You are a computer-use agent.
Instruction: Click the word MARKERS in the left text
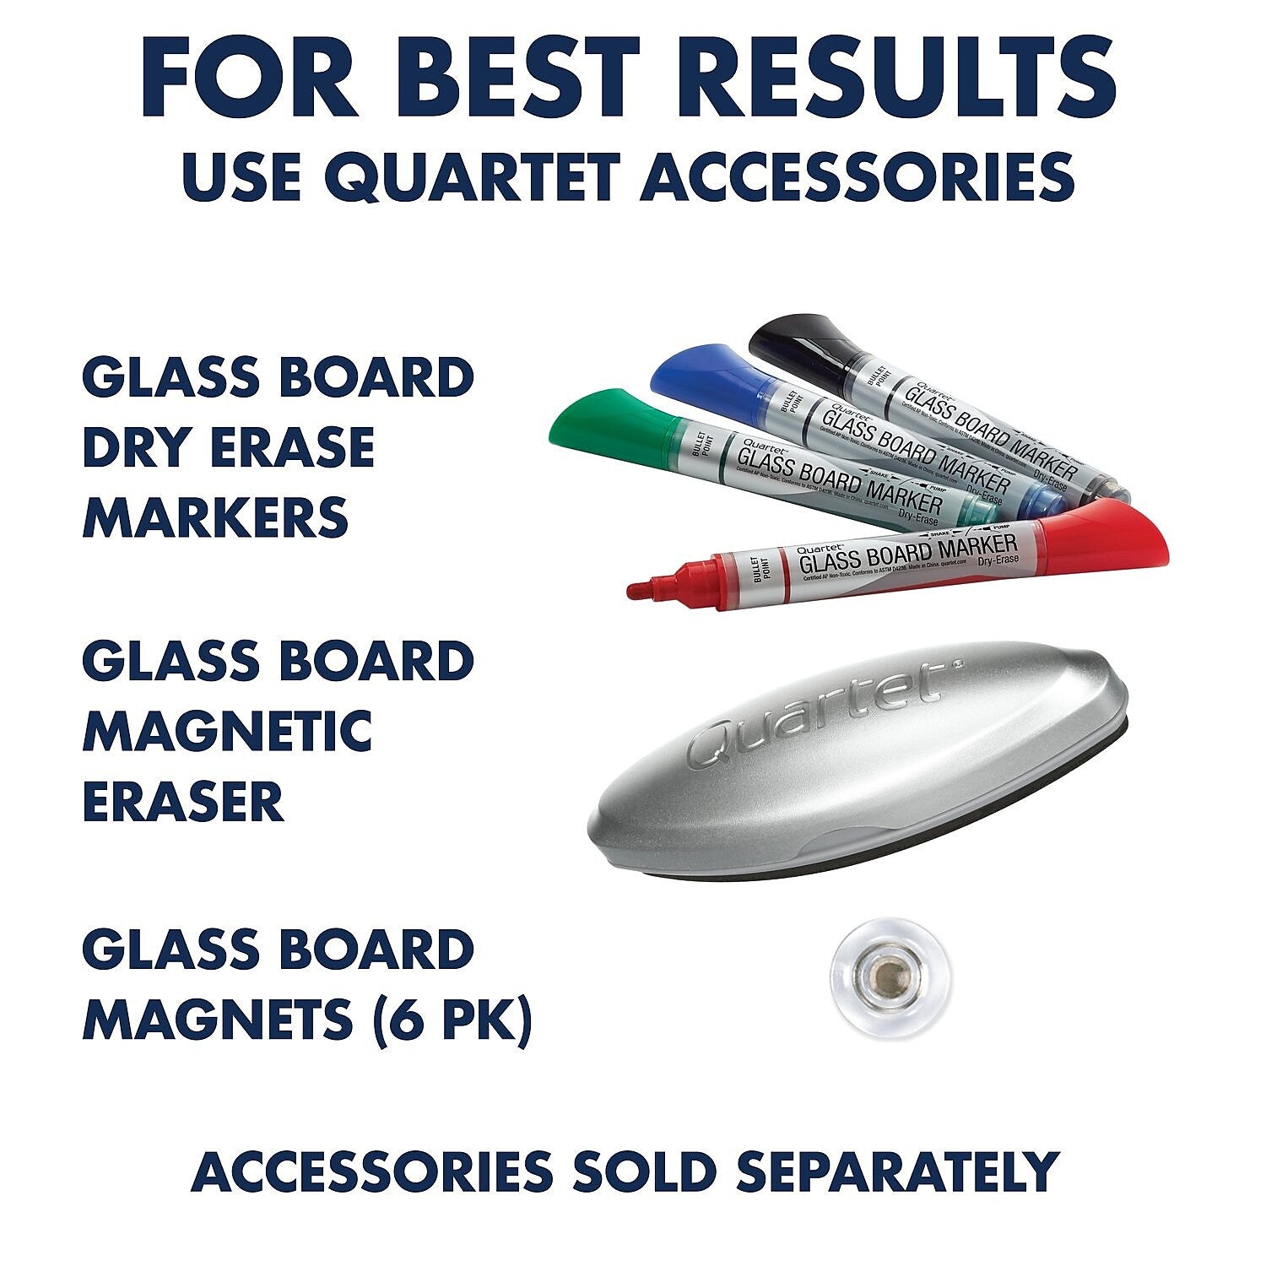click(215, 517)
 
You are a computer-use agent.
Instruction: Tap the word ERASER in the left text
click(183, 802)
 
